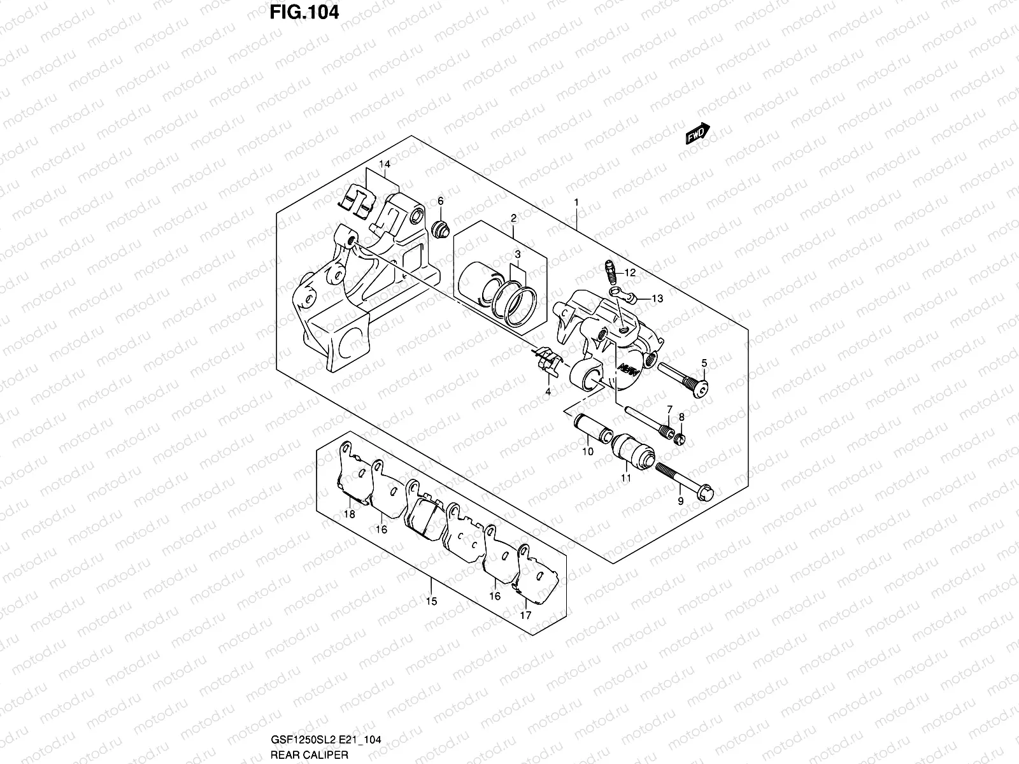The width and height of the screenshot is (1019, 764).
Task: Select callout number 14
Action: (384, 164)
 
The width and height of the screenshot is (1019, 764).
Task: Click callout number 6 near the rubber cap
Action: (440, 201)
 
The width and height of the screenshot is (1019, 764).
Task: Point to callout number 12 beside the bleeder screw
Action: (630, 272)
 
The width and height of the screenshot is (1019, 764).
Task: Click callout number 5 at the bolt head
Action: (704, 363)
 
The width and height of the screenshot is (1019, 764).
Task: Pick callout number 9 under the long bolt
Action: (680, 501)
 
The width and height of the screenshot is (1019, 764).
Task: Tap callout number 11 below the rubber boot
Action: (626, 477)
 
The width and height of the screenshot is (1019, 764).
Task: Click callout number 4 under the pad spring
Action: (548, 392)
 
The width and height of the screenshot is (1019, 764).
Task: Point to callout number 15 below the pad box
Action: (431, 601)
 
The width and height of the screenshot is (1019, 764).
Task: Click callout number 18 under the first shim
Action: (349, 514)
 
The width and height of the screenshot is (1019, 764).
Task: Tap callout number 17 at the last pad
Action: (525, 615)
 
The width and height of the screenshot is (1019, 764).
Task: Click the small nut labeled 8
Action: (680, 438)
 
